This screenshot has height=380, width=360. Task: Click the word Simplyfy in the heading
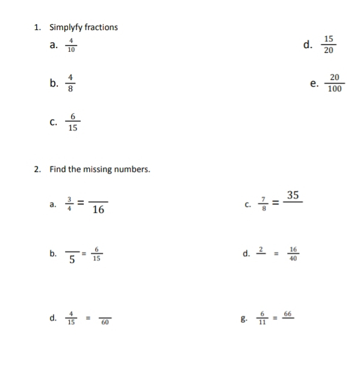[x=64, y=27]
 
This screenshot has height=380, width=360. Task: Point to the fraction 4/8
[x=70, y=84]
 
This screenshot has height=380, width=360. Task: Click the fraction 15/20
[x=328, y=44]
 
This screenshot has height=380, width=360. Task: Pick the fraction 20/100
[x=335, y=83]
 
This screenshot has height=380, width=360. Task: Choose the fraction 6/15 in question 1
[x=72, y=121]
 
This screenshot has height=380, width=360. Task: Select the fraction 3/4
[x=69, y=205]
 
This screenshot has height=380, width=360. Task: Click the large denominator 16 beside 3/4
[x=98, y=210]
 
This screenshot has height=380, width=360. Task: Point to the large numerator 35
[x=293, y=195]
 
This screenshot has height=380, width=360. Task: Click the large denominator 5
[x=72, y=260]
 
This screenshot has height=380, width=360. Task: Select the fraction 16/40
[x=293, y=254]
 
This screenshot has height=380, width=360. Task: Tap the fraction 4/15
[x=71, y=317]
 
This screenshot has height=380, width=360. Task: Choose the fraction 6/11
[x=262, y=317]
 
